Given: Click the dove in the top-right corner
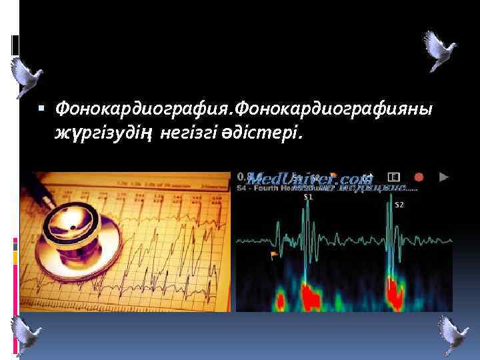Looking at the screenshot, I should pyautogui.click(x=439, y=49).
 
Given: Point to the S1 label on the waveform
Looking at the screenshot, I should pyautogui.click(x=308, y=197).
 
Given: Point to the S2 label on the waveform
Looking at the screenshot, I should pyautogui.click(x=399, y=205).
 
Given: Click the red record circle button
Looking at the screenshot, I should pyautogui.click(x=419, y=177).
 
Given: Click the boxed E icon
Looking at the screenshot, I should pyautogui.click(x=394, y=177).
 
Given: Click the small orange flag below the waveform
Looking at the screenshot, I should pyautogui.click(x=273, y=255).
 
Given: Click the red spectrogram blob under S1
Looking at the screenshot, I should pyautogui.click(x=311, y=293).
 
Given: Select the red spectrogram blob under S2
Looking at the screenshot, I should pyautogui.click(x=396, y=291).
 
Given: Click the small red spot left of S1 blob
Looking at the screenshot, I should pyautogui.click(x=281, y=301).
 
